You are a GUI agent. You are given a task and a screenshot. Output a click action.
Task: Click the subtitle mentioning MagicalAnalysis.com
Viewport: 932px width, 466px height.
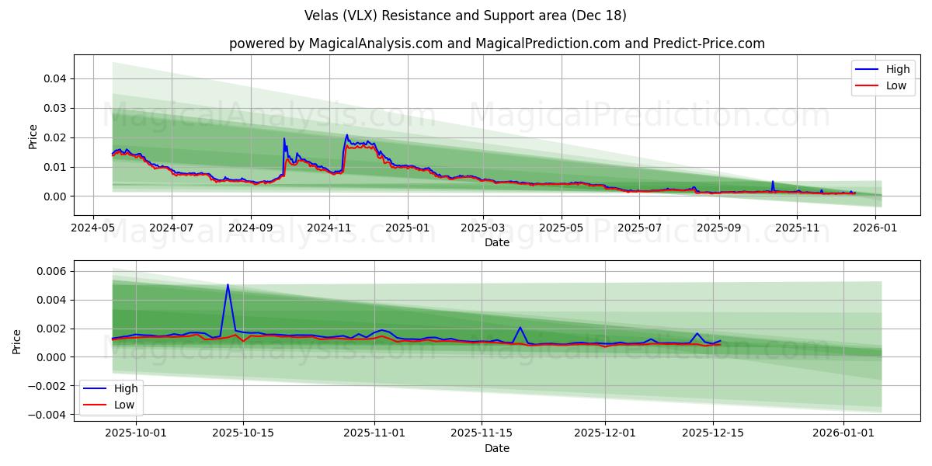tap(497, 43)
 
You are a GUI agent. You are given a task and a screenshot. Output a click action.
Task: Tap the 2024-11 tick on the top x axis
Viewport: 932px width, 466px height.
tap(329, 228)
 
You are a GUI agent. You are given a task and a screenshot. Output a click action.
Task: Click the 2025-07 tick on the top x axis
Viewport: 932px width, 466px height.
tap(639, 228)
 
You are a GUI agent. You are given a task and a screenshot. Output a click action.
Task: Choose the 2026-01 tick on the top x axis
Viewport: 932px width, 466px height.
tap(875, 228)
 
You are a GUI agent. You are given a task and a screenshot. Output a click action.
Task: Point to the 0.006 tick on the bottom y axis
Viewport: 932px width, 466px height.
tap(51, 271)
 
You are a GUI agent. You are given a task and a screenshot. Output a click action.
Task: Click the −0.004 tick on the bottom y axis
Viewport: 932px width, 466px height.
tap(48, 415)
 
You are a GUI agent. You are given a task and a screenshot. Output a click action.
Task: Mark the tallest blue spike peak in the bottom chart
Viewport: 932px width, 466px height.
tap(228, 285)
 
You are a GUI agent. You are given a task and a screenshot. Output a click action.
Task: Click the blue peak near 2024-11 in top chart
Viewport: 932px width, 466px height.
tap(347, 135)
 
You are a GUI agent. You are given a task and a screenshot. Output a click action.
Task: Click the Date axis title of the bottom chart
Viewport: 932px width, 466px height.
tap(497, 448)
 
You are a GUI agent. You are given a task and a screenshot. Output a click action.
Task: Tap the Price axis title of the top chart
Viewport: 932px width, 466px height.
tap(33, 137)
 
